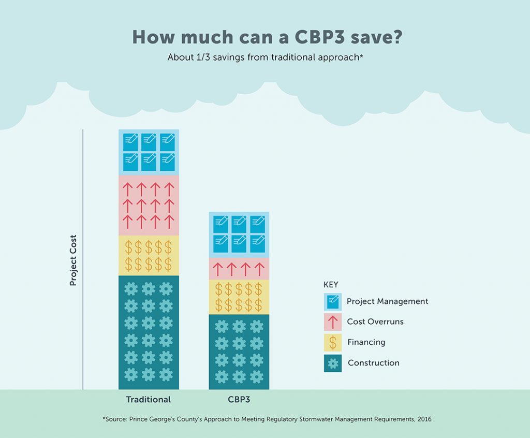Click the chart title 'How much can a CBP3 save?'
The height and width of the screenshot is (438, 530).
pos(264,37)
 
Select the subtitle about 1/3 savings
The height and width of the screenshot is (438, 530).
pos(264,57)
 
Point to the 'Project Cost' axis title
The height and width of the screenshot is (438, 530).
pos(73,260)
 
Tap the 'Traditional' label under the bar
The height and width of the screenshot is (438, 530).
pos(149,400)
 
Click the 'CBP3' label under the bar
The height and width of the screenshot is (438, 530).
pos(239,400)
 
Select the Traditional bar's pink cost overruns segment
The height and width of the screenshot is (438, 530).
pos(149,206)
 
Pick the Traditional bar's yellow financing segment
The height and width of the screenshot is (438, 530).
pos(149,255)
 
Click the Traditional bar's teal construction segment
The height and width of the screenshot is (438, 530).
pos(149,332)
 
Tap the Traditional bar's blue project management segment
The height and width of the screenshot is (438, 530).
pos(149,152)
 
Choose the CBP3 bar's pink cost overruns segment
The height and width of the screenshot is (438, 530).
pos(239,269)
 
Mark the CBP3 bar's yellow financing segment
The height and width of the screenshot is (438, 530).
pos(239,297)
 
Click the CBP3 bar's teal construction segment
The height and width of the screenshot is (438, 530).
pos(239,352)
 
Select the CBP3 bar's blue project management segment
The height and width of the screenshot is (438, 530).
pos(239,235)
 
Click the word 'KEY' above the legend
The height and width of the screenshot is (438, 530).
pos(331,285)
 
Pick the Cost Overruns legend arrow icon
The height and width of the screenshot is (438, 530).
pos(333,322)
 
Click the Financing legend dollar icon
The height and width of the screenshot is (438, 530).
pos(333,343)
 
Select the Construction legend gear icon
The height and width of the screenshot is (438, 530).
pos(333,363)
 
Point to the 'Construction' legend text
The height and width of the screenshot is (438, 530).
pos(373,363)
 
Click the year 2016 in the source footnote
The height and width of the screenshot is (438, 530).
pos(422,419)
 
